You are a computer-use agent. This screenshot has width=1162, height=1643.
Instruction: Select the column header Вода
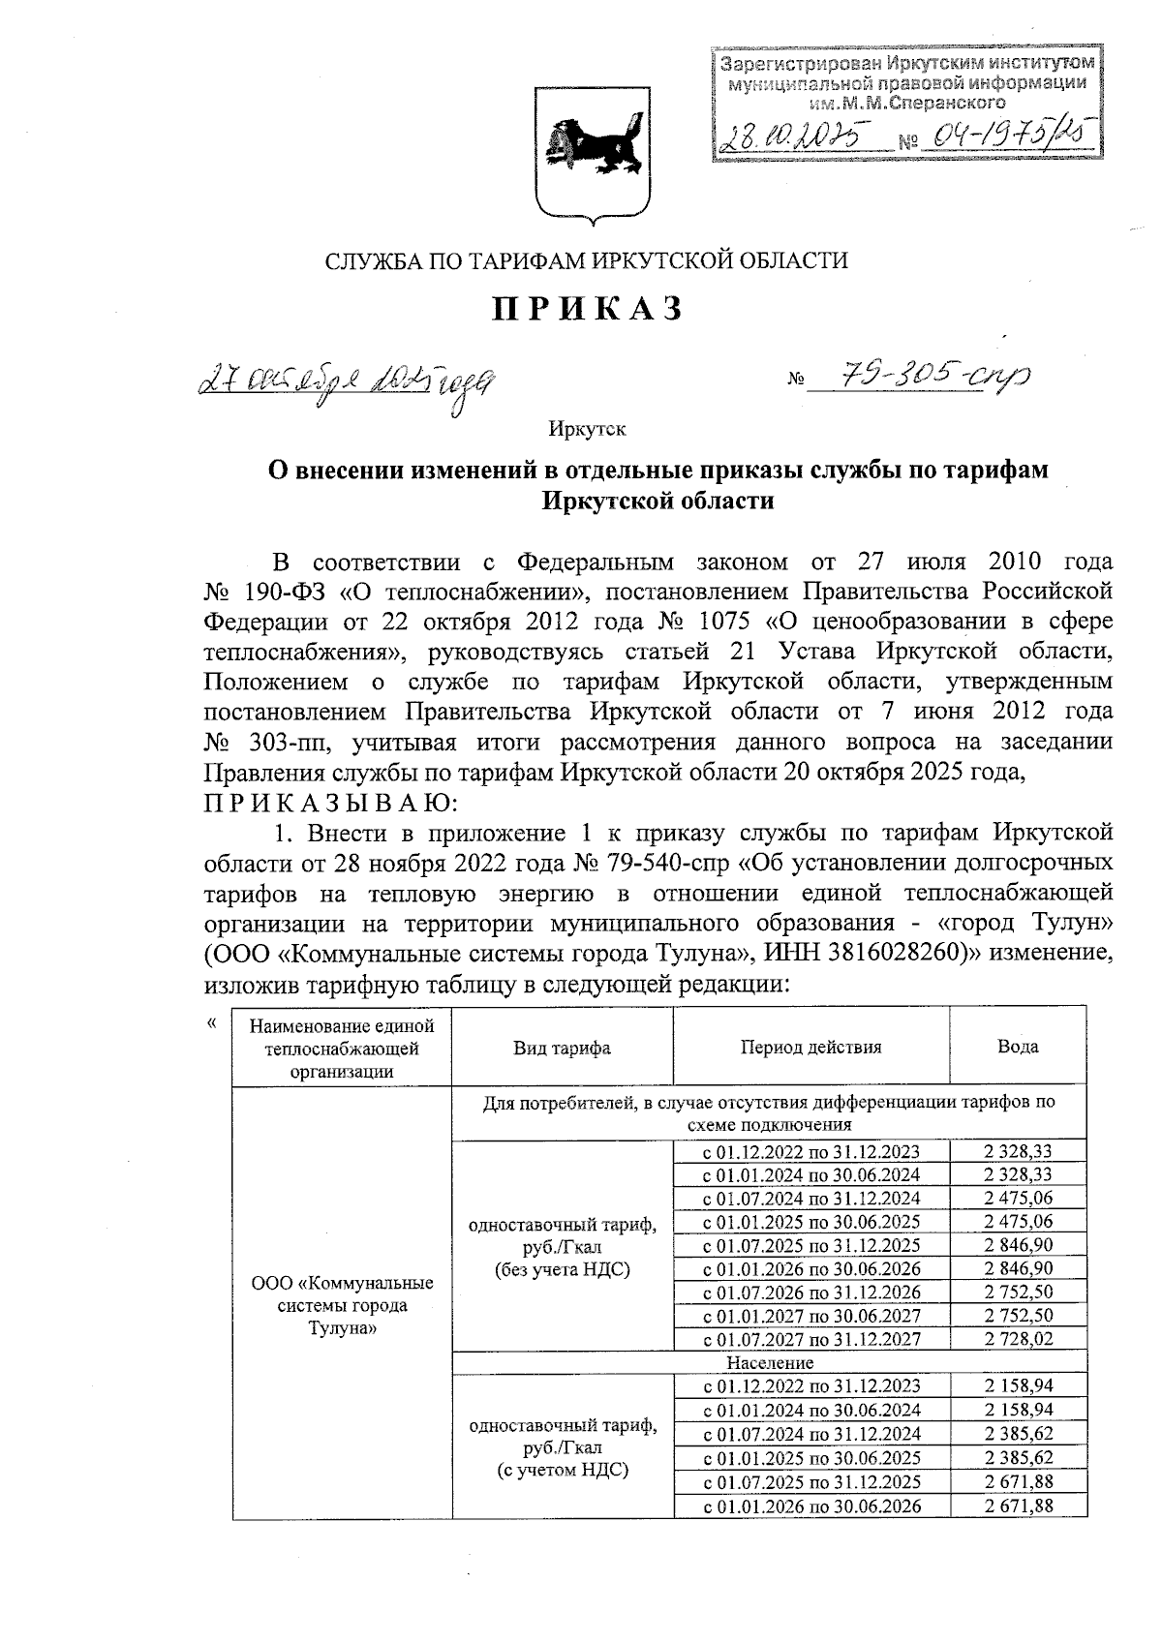pos(1018,1047)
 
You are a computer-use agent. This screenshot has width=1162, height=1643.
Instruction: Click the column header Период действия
pos(810,1047)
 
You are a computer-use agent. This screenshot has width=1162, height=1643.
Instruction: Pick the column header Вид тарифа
pos(562,1048)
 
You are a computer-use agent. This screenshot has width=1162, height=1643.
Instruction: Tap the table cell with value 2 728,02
pos(1018,1339)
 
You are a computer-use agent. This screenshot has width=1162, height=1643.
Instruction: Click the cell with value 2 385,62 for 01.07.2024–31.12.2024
pos(1018,1434)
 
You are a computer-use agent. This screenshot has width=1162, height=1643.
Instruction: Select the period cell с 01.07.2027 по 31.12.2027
pos(810,1339)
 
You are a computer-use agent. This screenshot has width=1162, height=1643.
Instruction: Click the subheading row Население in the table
pos(769,1362)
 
